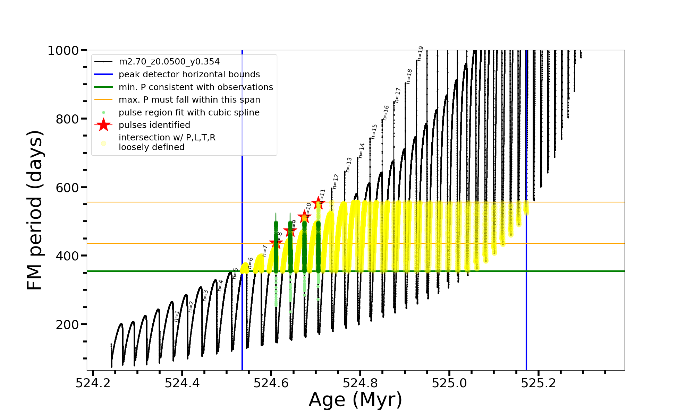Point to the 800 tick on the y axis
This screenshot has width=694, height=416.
click(x=67, y=119)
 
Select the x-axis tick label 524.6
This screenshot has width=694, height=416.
click(x=271, y=383)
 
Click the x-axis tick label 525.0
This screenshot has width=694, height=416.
click(x=449, y=383)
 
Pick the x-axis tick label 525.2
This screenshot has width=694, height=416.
click(x=539, y=383)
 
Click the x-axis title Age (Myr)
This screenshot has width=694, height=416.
click(x=355, y=400)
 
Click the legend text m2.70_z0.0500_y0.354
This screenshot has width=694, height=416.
click(x=169, y=62)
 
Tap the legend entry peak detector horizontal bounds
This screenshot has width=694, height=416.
click(x=189, y=75)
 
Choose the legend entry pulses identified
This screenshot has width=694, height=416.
click(x=154, y=125)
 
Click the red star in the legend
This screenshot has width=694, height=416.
click(x=103, y=125)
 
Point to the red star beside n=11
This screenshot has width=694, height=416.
click(x=318, y=203)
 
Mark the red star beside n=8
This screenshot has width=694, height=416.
click(x=276, y=243)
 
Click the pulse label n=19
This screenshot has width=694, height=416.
click(x=420, y=54)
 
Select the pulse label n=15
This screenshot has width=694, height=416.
click(x=374, y=132)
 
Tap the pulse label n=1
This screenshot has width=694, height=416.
click(x=177, y=316)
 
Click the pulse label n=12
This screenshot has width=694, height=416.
click(x=335, y=182)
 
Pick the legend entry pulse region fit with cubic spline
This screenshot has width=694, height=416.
click(x=189, y=113)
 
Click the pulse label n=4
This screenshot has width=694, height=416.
click(x=220, y=285)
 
